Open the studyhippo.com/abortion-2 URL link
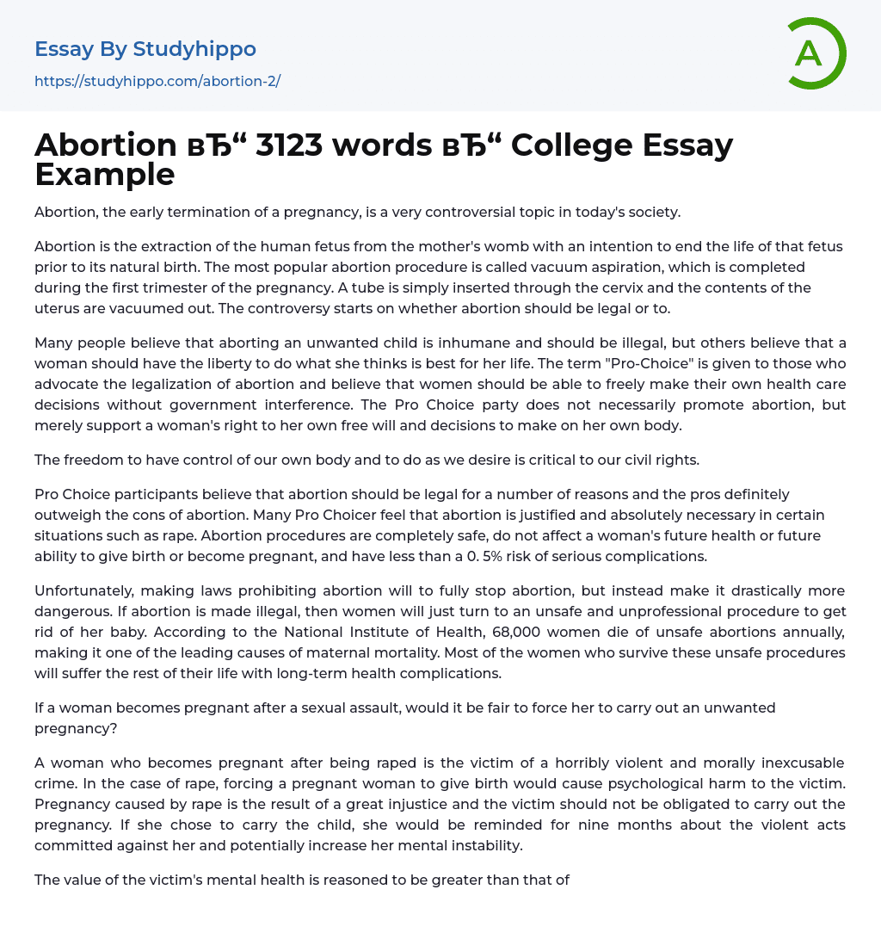(x=157, y=82)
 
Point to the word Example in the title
(x=105, y=175)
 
